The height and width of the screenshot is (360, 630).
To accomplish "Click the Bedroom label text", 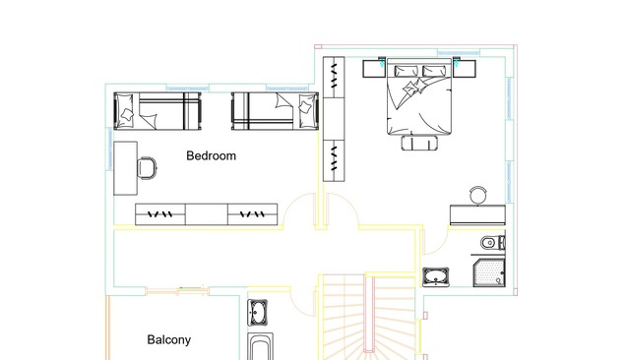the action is (211, 155).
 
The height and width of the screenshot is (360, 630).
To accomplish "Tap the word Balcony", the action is (168, 340).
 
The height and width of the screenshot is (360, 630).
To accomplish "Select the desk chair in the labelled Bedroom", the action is (147, 168).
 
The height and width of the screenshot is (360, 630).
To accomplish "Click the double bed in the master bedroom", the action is (419, 96).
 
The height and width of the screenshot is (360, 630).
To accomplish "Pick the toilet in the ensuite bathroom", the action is (493, 242).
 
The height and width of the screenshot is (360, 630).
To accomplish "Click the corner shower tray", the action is (489, 272).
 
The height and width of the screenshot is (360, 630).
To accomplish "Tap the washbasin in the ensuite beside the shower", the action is (436, 277).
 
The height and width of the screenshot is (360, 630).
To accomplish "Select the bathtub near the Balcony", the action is (260, 347).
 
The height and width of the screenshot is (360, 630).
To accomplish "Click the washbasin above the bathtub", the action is (258, 313).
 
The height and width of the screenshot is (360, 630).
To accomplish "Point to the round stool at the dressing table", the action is (478, 196).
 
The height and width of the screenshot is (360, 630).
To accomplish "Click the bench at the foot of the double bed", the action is (419, 143).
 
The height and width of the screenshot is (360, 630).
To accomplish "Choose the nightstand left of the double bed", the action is (374, 69).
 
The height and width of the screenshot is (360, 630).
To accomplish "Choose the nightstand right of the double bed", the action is (465, 68).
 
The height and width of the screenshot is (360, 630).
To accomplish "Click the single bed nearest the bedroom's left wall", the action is (157, 111).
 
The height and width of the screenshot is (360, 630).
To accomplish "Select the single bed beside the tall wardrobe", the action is (275, 111).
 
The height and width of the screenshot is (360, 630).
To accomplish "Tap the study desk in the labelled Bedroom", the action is (126, 168).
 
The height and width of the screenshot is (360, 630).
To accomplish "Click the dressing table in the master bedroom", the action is (477, 215).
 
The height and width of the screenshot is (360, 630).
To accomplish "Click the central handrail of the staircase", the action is (369, 314).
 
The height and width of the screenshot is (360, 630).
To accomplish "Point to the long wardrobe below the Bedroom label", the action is (206, 214).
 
